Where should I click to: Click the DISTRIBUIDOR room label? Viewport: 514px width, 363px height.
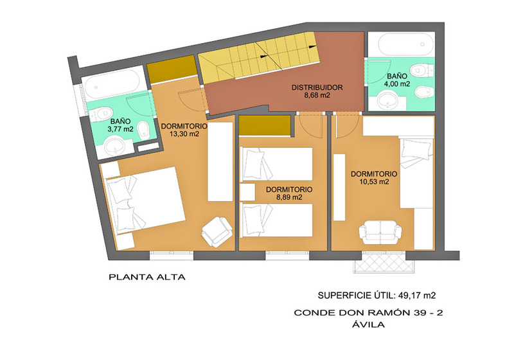[x=317, y=87]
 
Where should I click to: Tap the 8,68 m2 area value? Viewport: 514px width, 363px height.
[x=317, y=96]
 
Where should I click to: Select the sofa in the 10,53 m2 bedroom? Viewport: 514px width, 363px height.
[x=380, y=233]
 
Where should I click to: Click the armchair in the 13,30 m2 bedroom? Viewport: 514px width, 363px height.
[x=217, y=231]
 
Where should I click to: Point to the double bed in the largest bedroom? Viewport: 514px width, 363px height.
[x=145, y=200]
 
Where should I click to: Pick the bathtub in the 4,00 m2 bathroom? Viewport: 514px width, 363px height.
[x=402, y=45]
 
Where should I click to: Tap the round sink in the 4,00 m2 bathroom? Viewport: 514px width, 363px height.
[x=387, y=101]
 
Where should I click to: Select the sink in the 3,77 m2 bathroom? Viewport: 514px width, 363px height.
[x=115, y=147]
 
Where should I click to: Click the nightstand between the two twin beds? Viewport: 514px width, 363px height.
[x=247, y=192]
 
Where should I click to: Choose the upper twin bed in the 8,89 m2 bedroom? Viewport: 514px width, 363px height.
[x=276, y=164]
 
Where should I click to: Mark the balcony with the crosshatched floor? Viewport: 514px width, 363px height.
[x=380, y=262]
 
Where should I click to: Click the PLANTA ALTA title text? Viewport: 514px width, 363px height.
[x=147, y=277]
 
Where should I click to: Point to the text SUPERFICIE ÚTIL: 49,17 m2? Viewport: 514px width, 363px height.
[x=377, y=296]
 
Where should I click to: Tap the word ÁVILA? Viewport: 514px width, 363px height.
[x=368, y=324]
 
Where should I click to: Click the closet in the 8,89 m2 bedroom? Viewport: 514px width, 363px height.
[x=265, y=125]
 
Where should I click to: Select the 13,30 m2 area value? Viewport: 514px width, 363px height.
[x=184, y=134]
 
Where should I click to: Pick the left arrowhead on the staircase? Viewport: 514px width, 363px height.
[x=263, y=57]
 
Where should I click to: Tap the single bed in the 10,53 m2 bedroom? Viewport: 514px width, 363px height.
[x=416, y=173]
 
